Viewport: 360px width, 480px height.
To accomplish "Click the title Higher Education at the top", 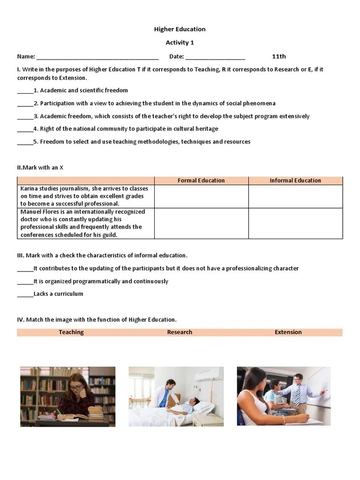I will [x=180, y=29].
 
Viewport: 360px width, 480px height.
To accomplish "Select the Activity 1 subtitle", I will [x=180, y=43].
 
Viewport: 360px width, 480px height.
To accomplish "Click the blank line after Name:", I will [x=97, y=57].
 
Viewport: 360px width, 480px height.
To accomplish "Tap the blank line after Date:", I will [x=215, y=57].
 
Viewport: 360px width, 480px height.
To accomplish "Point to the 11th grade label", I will [x=279, y=56].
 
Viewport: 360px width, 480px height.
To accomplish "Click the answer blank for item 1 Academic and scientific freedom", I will [x=25, y=91].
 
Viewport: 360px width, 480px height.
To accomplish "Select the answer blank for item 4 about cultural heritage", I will [x=25, y=129].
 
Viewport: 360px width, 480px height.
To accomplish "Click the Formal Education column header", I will [x=201, y=180].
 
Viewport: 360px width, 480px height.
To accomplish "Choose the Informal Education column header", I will [x=295, y=180].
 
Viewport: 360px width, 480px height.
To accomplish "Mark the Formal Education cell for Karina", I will [x=201, y=196].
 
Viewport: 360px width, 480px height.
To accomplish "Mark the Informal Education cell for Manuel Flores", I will [x=295, y=224].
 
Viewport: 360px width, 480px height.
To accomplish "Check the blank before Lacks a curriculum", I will [x=25, y=294].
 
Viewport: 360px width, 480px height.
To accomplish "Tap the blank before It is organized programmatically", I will [x=25, y=282].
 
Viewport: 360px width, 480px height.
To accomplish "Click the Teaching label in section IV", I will [x=71, y=332].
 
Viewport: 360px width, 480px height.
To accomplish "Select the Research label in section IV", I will [x=180, y=332].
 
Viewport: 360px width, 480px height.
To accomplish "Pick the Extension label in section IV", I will [x=288, y=332].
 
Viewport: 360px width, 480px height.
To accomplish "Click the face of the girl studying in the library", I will [x=76, y=389].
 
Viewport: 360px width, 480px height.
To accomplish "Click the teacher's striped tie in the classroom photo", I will [x=297, y=395].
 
